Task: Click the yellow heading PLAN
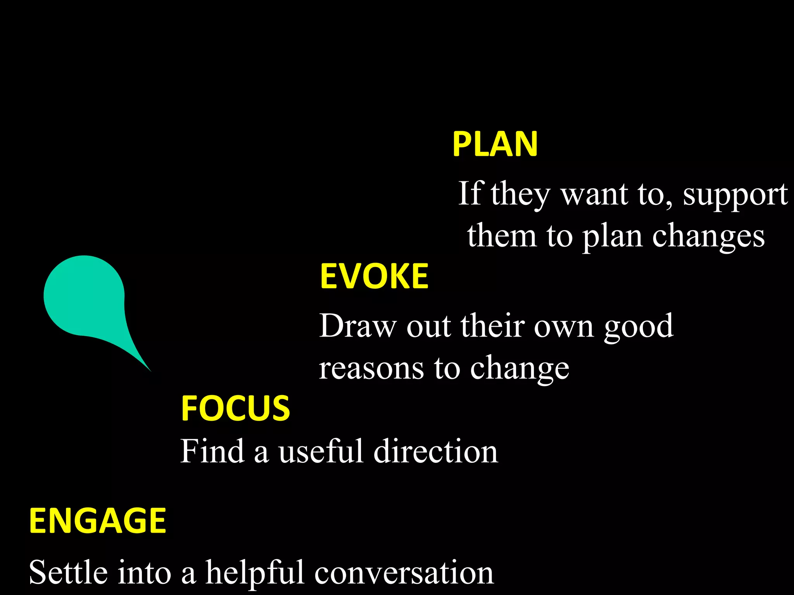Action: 495,144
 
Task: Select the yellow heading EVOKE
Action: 374,276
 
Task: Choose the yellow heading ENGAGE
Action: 98,521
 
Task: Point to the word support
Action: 735,195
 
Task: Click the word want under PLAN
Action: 594,194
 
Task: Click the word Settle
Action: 68,573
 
